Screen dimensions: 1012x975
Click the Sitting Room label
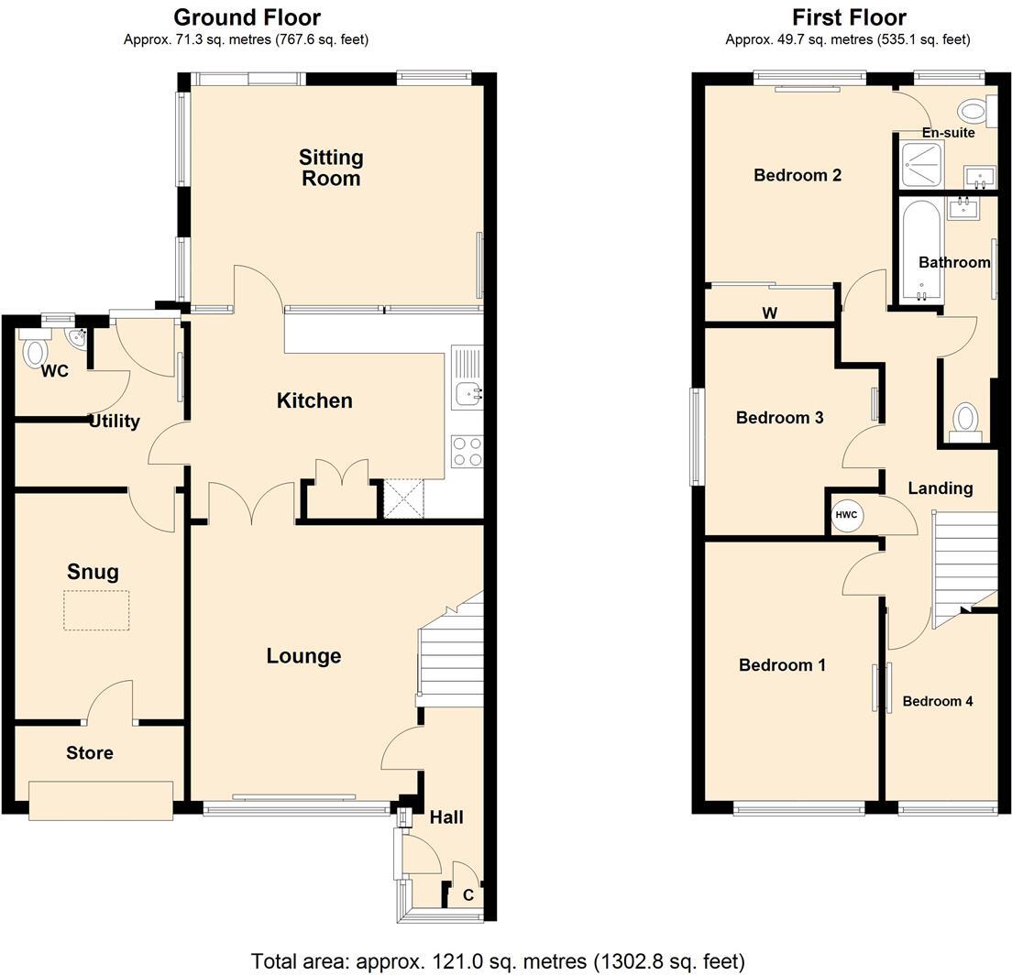(331, 168)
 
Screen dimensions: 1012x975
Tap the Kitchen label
(314, 400)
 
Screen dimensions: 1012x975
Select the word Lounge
(304, 656)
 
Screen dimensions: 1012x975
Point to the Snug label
(93, 573)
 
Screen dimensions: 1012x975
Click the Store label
(90, 753)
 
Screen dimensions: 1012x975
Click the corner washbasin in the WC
(79, 337)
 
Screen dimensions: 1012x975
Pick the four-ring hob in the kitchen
(467, 451)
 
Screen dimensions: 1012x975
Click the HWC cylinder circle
(846, 515)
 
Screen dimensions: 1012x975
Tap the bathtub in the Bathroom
(921, 250)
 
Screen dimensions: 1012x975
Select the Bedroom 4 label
(937, 701)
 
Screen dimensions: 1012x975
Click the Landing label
(940, 488)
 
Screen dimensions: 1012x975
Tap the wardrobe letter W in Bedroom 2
(769, 313)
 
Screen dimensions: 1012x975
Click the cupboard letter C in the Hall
(468, 895)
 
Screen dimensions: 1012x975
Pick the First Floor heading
(849, 16)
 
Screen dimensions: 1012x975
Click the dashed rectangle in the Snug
(97, 609)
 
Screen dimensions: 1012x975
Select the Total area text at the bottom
(498, 961)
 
